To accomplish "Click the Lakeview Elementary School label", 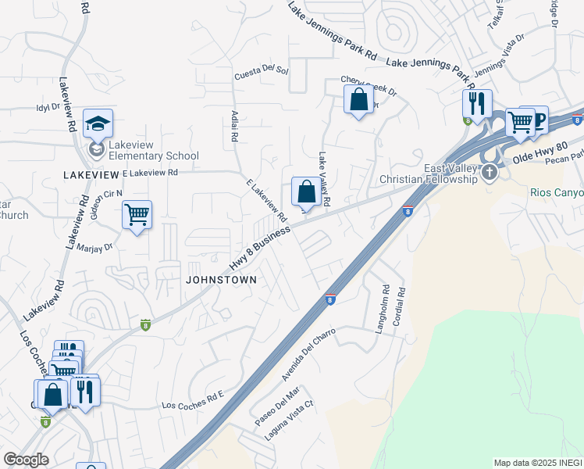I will click(x=153, y=149).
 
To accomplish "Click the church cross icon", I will click(x=490, y=172).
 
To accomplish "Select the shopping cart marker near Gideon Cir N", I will click(x=137, y=215).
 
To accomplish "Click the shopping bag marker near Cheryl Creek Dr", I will click(x=358, y=100).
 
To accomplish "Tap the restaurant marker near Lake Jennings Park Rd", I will click(x=475, y=102).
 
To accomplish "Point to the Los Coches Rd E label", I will click(x=192, y=402).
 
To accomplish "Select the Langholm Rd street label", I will click(x=383, y=310).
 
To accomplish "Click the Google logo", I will click(x=27, y=460).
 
